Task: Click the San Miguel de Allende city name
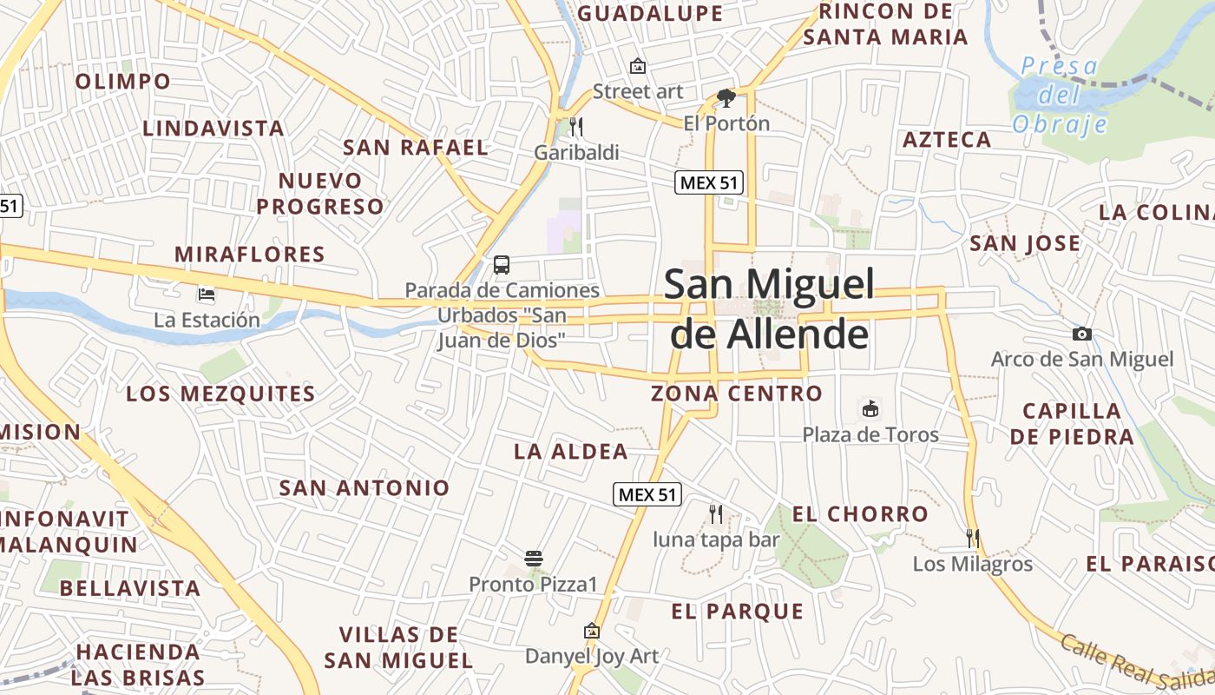pos(769,308)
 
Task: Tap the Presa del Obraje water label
pos(1060,95)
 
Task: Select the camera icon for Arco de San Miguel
pos(1081,334)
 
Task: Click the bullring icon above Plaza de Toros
pos(870,408)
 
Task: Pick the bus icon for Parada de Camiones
pos(502,264)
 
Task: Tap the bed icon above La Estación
pos(207,295)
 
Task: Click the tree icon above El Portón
pos(726,97)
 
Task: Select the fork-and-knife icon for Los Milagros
pos(972,539)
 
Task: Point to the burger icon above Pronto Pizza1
pos(534,558)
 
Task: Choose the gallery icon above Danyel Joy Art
pos(592,630)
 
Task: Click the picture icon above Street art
pos(638,65)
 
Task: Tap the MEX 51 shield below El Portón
pos(709,182)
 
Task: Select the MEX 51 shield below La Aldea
pos(647,494)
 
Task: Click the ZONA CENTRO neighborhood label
pos(737,394)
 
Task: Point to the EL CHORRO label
pos(860,513)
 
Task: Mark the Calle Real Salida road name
pos(1137,665)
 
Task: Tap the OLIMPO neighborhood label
pos(123,82)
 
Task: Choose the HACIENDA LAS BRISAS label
pos(138,665)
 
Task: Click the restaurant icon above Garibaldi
pos(576,127)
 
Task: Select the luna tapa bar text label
pos(716,539)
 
